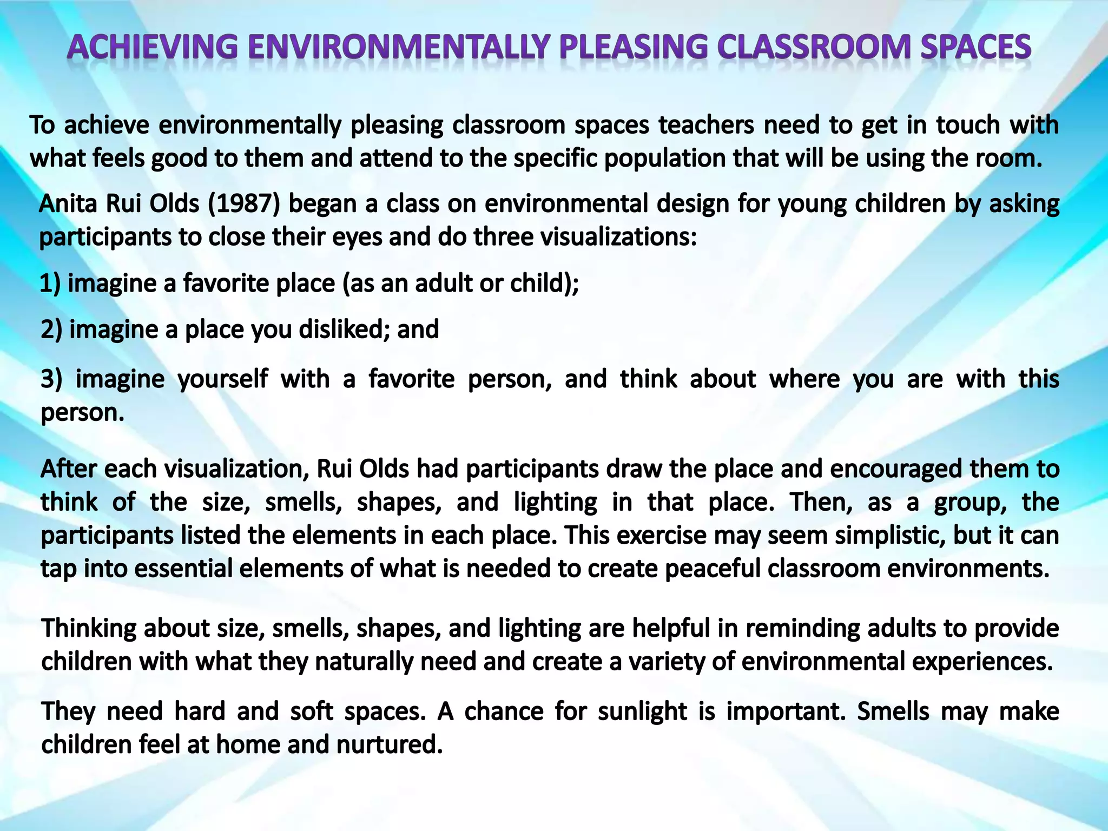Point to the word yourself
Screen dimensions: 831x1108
pyautogui.click(x=222, y=379)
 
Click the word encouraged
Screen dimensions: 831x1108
pyautogui.click(x=895, y=469)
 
